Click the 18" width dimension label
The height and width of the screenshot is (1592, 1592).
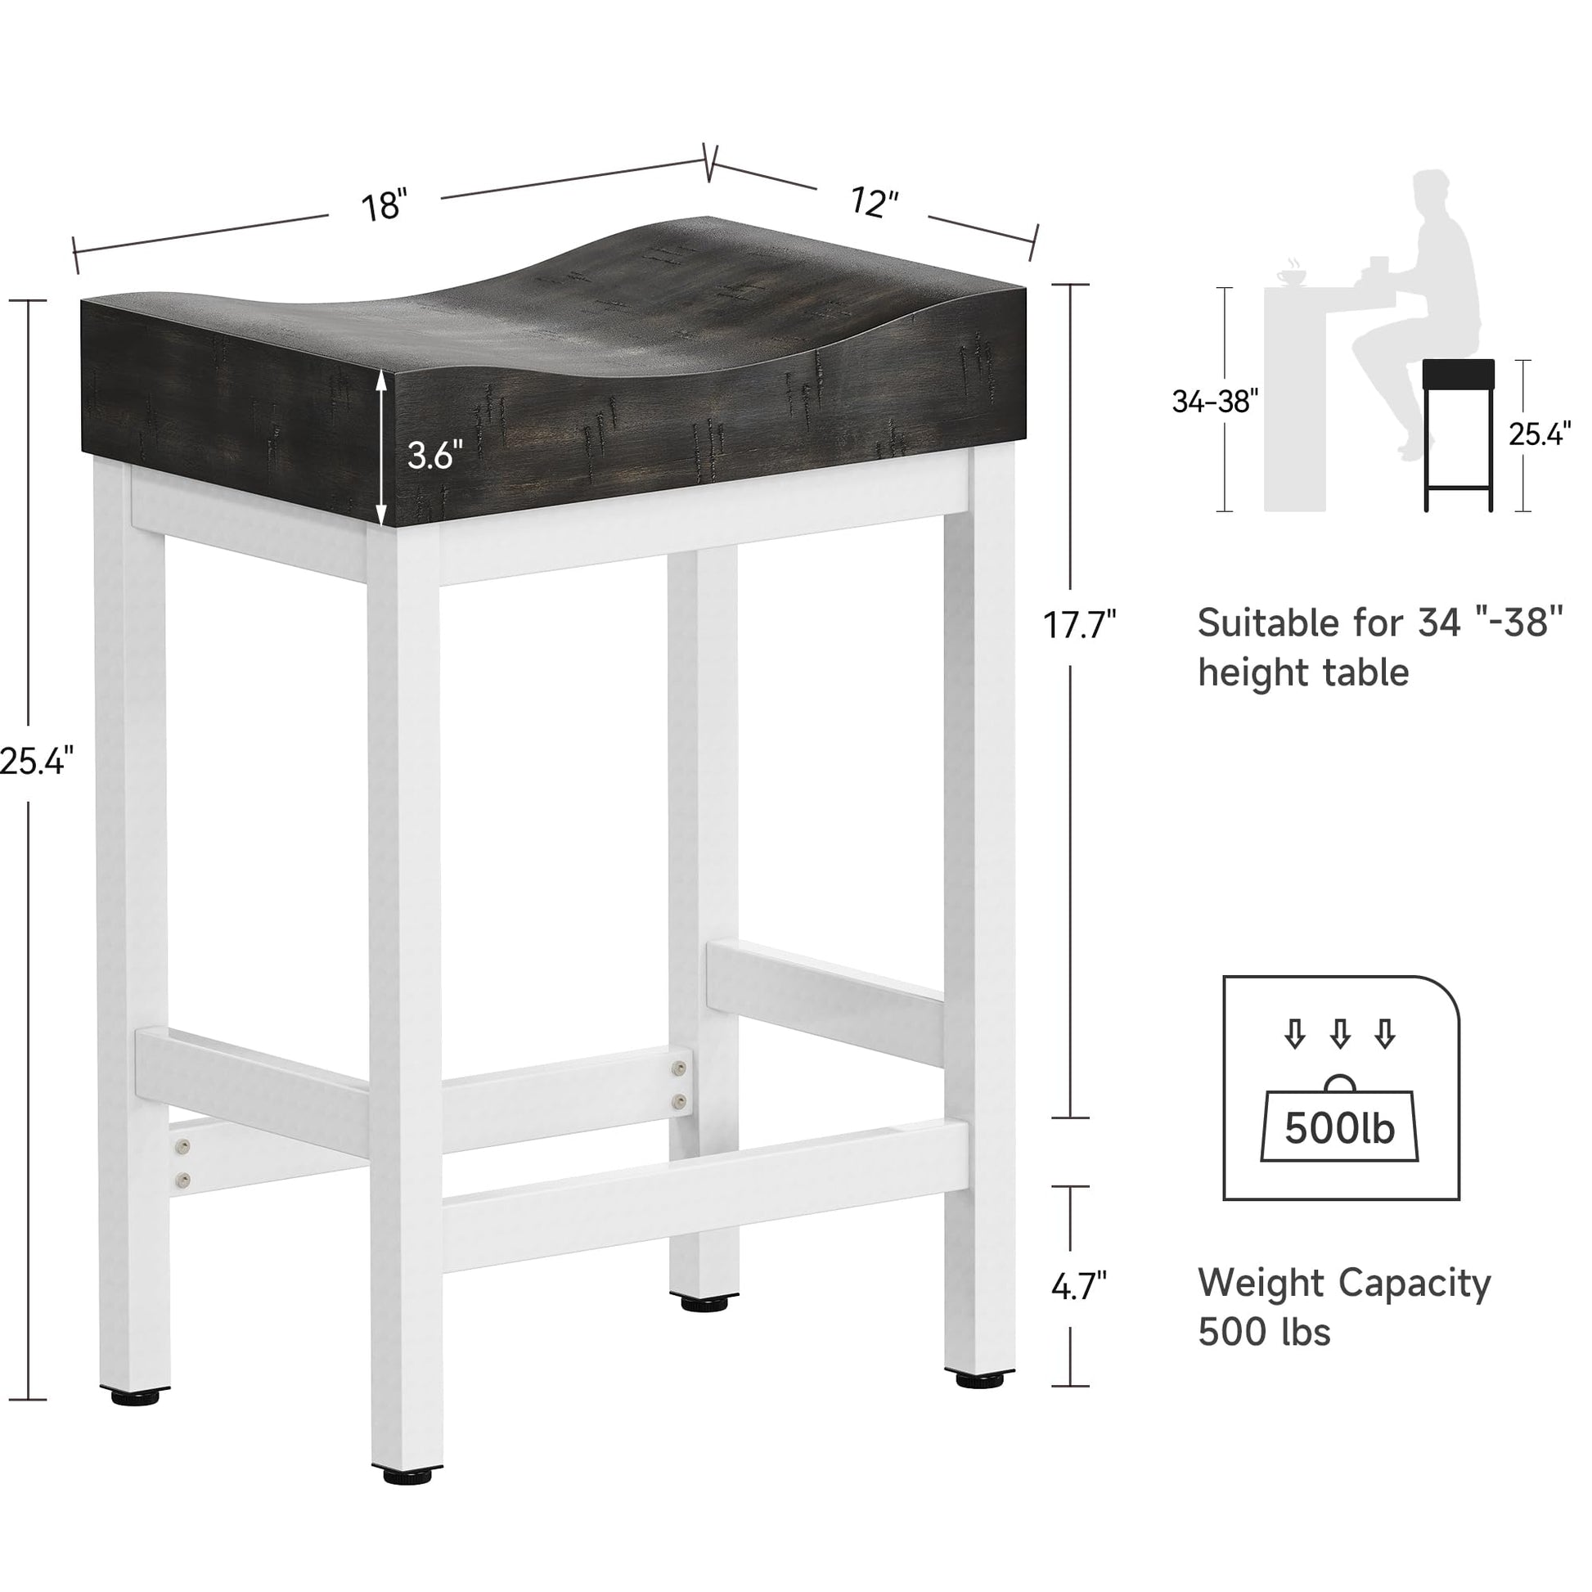(x=384, y=205)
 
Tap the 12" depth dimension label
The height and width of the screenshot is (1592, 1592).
(x=874, y=201)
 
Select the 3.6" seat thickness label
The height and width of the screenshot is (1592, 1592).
(x=434, y=454)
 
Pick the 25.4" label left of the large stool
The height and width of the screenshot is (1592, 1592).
(x=37, y=760)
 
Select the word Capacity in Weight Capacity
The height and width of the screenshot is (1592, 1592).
(x=1414, y=1284)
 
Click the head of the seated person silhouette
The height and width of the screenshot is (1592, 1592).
(x=1433, y=193)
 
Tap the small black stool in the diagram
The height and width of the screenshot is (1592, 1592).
(x=1459, y=435)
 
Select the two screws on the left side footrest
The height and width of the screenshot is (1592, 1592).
(x=183, y=1163)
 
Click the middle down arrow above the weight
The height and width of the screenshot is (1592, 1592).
(x=1341, y=1033)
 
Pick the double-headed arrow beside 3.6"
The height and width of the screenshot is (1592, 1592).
(x=381, y=445)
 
